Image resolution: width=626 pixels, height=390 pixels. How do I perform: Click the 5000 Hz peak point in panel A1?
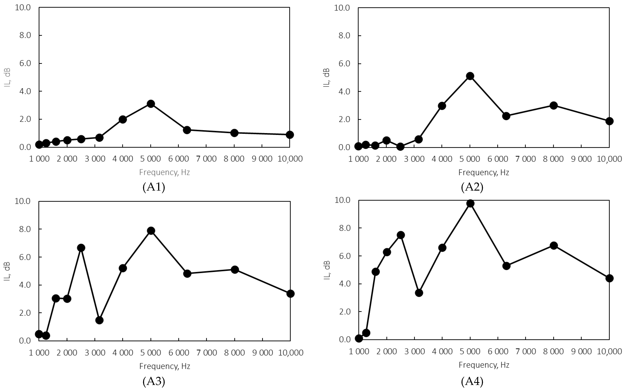151,104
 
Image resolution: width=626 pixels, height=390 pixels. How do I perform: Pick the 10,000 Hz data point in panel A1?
290,135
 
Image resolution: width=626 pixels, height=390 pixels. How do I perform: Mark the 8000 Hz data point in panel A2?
553,105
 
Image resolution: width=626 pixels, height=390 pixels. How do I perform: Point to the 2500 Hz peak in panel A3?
81,248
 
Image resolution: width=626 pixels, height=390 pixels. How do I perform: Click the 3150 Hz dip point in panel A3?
99,320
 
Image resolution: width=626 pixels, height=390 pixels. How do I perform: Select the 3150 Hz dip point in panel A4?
419,293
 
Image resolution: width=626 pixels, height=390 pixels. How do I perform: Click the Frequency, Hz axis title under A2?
484,172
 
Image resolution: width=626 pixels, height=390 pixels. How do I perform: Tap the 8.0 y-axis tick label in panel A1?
25,35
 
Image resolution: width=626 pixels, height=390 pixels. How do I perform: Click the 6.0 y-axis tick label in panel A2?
344,64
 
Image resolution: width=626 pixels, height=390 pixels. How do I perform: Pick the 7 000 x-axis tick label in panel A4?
526,351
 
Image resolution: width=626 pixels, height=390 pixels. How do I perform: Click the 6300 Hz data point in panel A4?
506,266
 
